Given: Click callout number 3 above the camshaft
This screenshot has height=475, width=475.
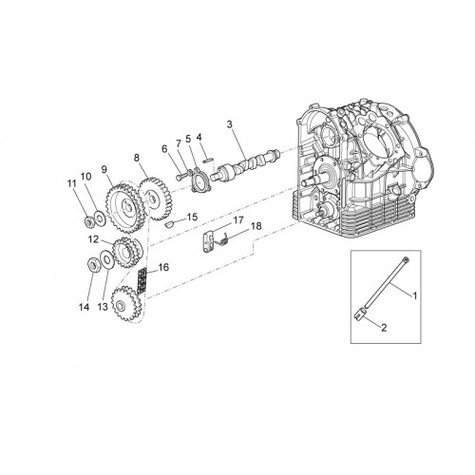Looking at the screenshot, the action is [230, 124].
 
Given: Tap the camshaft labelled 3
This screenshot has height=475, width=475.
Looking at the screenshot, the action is [245, 166].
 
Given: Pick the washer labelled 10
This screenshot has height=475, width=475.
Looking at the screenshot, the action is [100, 218].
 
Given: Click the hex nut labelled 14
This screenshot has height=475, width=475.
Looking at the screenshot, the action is [93, 265].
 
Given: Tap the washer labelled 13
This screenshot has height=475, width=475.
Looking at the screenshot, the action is [106, 260].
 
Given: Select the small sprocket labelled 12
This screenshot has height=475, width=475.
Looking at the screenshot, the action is [126, 253].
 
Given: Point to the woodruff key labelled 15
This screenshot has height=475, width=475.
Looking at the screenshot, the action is [169, 224].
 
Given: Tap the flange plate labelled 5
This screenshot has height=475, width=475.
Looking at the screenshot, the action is [200, 180].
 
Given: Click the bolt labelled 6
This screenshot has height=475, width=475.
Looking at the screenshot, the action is [180, 175].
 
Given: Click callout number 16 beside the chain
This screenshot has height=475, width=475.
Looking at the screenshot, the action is [163, 267].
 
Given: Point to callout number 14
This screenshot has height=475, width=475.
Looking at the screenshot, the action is [85, 307].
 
